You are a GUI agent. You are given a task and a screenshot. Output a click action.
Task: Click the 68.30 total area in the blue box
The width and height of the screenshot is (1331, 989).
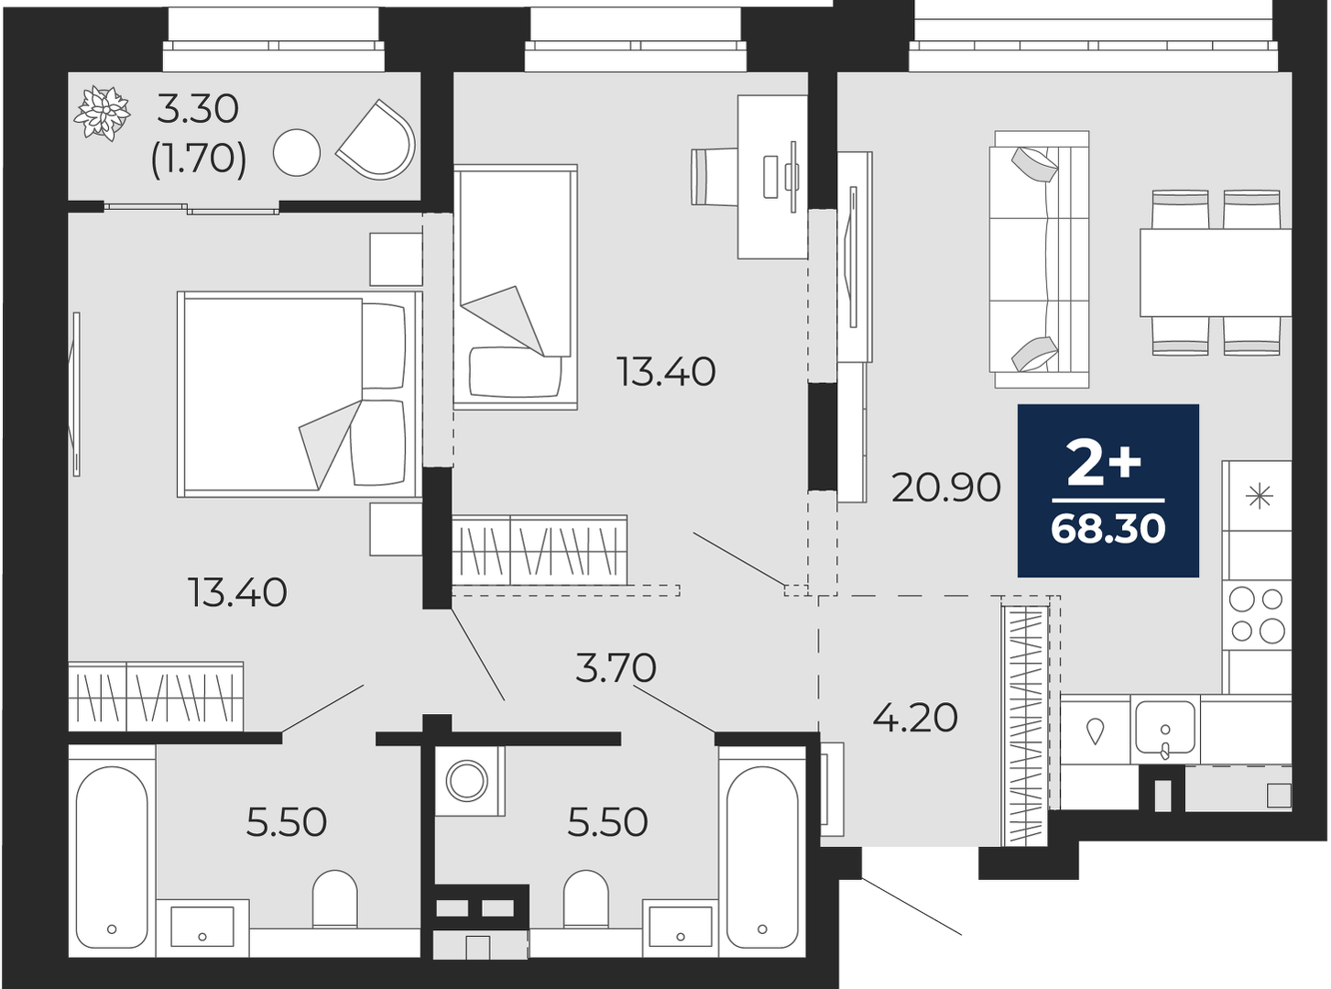pos(1107,529)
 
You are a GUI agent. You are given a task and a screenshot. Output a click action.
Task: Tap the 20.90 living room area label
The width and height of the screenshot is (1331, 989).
pos(945,487)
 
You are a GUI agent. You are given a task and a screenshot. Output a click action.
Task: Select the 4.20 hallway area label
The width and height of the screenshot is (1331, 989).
pos(914,719)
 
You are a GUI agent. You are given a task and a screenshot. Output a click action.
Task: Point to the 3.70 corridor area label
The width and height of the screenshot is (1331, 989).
pos(616,668)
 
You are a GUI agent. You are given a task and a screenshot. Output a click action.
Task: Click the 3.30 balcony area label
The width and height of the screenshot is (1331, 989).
pos(198,111)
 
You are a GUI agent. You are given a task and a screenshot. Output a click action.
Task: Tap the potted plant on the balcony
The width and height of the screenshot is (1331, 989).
pos(102,114)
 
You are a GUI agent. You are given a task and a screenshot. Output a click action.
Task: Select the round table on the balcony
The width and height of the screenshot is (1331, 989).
pos(297,152)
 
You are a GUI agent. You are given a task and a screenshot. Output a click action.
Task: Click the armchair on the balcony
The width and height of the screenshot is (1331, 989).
pos(376,139)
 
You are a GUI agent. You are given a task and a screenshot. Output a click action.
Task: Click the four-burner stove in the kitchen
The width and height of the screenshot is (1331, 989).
pos(1257,615)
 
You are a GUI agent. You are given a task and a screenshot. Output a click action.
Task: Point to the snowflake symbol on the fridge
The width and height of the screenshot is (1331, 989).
pos(1259,496)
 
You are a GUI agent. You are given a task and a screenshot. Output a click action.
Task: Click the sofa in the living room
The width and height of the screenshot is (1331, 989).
pos(1039,259)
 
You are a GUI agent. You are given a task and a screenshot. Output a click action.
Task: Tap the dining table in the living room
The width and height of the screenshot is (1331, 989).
pos(1216,272)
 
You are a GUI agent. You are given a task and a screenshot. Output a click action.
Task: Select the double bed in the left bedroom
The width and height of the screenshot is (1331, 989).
pos(300,394)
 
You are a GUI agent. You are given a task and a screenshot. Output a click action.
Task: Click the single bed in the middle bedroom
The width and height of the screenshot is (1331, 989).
pos(516,287)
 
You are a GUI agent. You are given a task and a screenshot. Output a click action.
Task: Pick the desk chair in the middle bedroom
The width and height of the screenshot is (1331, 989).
pos(715,177)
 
